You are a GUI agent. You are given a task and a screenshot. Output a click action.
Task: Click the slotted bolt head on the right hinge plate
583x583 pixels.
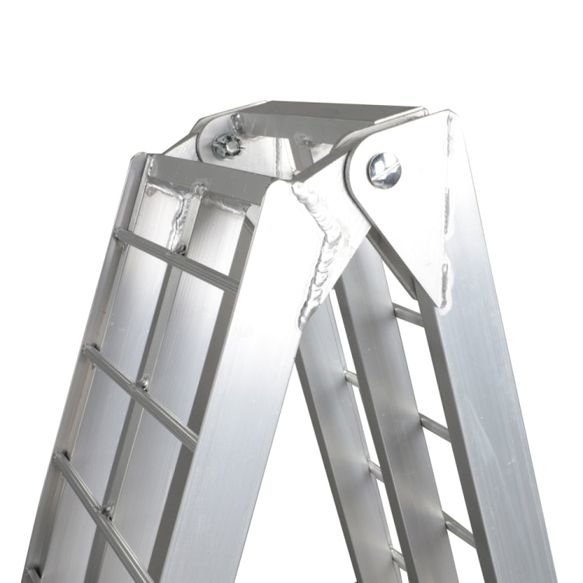384,169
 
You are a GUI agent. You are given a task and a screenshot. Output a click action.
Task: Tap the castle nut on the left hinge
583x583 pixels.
226,145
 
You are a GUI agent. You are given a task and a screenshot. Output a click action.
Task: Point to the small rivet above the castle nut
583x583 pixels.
236,120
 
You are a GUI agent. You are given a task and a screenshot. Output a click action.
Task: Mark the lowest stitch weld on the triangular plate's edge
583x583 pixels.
445,285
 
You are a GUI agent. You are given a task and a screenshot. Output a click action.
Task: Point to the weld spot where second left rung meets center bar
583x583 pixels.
145,383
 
